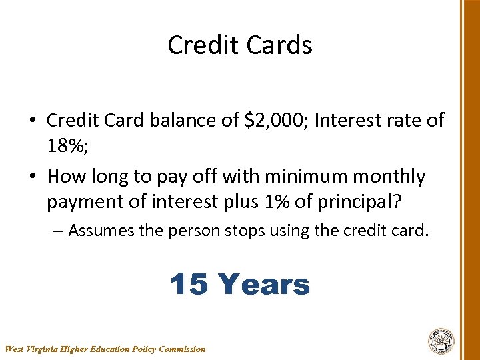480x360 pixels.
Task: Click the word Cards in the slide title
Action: pyautogui.click(x=280, y=45)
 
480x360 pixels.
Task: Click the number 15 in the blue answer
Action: pyautogui.click(x=190, y=285)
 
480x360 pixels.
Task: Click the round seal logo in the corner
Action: pyautogui.click(x=441, y=341)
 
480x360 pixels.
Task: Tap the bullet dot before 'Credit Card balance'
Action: pyautogui.click(x=32, y=121)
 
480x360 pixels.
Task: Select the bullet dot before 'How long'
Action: pyautogui.click(x=32, y=177)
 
